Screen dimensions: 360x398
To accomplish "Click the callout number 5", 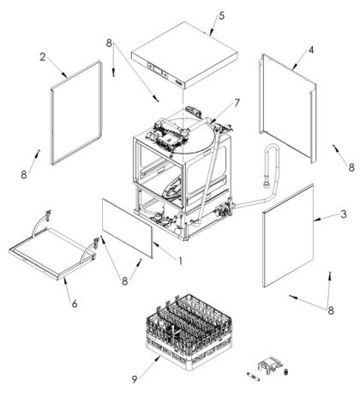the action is point(222,16).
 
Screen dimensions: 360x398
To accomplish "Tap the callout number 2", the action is point(43,57).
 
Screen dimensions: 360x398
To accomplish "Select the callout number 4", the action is point(311,50).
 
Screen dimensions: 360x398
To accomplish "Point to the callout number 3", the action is point(344,214).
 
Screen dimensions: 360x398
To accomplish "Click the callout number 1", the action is point(180,261).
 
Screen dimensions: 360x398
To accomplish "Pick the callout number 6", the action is point(75,304).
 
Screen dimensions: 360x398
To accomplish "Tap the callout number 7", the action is point(237,103).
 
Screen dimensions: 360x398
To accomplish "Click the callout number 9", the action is point(135,379).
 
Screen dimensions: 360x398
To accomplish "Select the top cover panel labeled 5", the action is point(184,54).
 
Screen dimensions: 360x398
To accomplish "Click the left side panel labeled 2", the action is point(76,113).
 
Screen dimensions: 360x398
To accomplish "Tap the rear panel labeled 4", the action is point(288,108).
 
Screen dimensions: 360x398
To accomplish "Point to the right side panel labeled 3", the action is point(288,235).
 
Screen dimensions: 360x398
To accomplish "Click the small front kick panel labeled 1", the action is point(127,229).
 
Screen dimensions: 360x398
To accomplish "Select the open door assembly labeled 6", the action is point(53,251).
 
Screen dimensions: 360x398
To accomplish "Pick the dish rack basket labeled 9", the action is point(189,332).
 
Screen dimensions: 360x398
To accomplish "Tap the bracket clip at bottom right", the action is point(270,364).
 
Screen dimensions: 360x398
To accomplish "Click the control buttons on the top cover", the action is point(158,70).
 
